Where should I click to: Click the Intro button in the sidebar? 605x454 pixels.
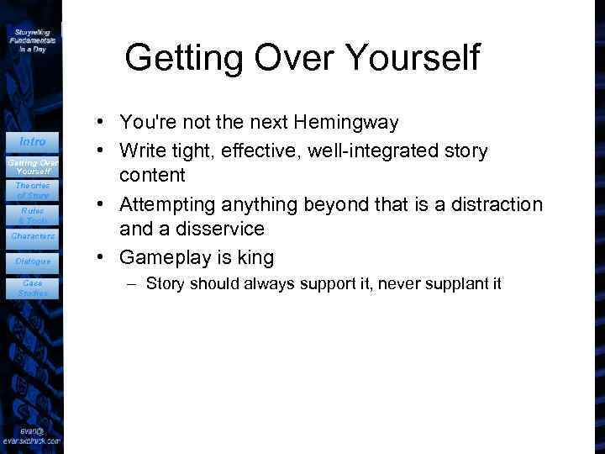(33, 141)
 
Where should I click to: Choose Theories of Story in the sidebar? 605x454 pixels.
(33, 190)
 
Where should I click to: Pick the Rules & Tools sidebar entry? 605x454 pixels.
(33, 215)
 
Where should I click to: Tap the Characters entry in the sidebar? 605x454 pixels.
(33, 236)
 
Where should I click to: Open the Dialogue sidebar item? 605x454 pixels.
(33, 261)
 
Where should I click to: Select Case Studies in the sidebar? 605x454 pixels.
(33, 288)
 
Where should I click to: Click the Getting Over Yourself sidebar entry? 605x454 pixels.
(33, 166)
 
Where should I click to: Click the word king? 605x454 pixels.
(250, 257)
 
